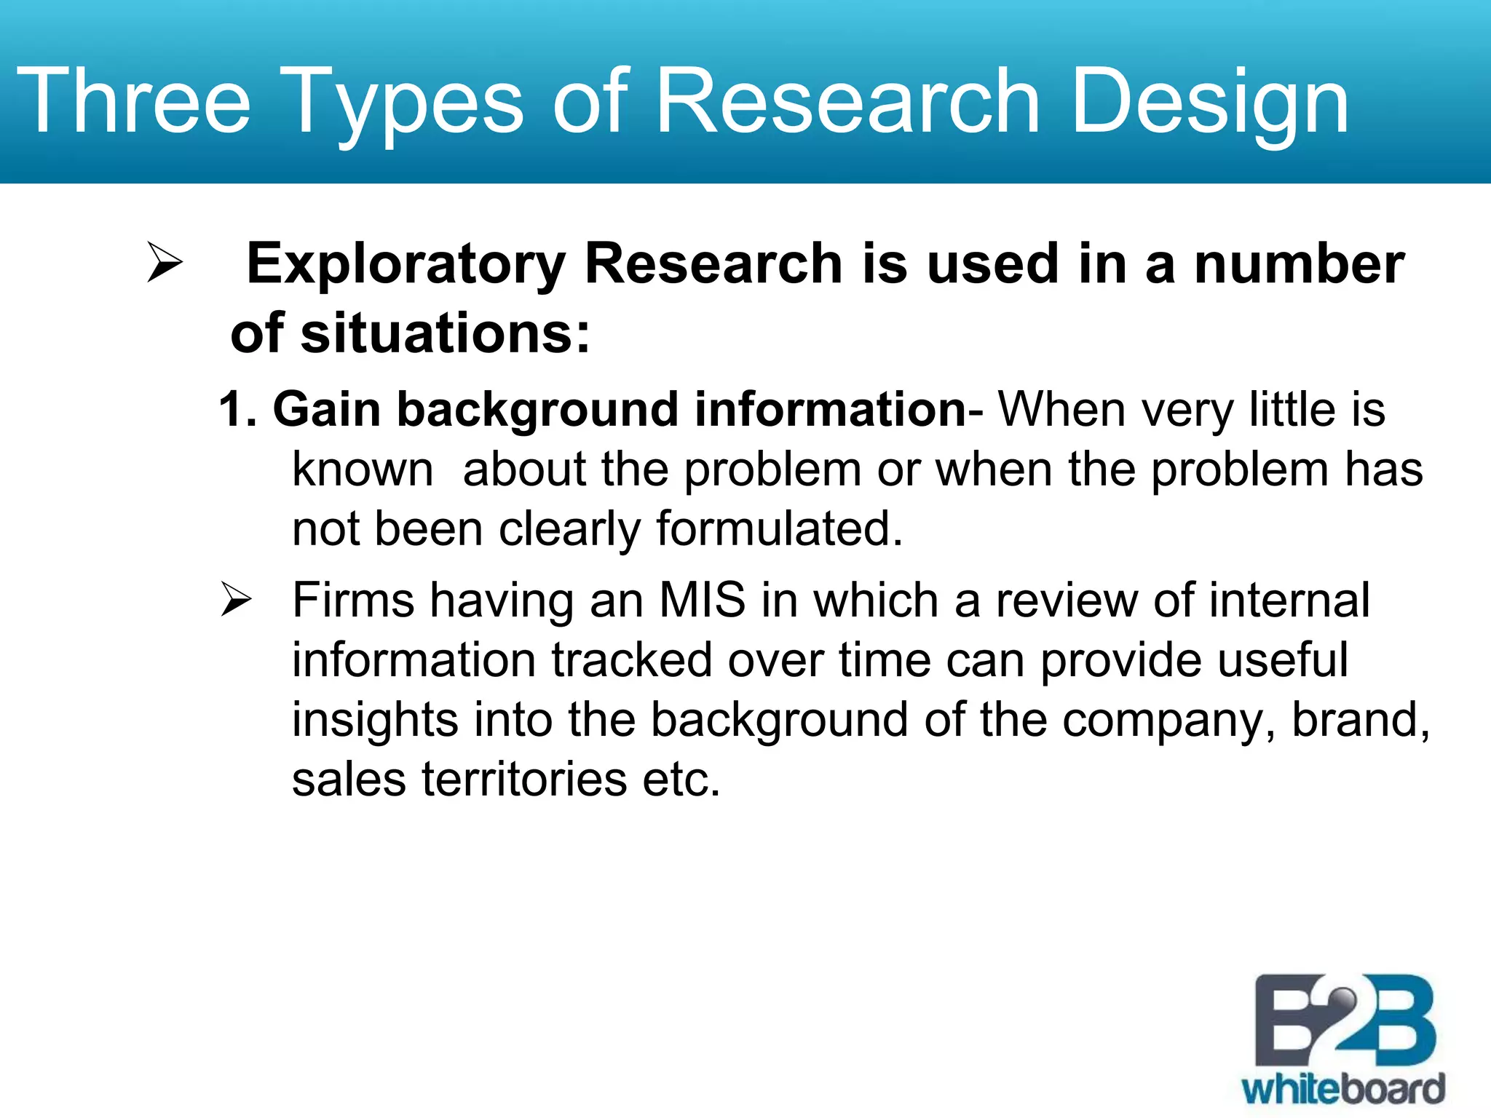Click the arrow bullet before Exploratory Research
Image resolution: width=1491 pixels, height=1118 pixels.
[164, 262]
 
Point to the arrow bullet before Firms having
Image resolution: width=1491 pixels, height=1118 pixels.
[236, 600]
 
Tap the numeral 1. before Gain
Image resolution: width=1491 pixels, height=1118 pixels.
[237, 409]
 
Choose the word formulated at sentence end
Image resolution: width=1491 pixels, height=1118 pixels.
[779, 528]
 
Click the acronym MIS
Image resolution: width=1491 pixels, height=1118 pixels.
[702, 601]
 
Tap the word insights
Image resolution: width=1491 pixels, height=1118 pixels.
[375, 720]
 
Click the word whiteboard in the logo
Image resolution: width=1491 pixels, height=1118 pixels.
[1342, 1090]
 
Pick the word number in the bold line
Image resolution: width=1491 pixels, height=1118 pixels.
[1299, 264]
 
